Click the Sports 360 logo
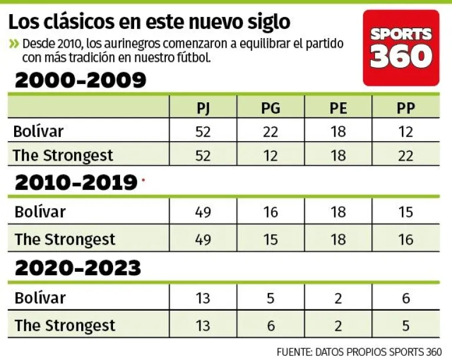401,48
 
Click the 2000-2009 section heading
80,80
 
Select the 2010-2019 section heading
76,183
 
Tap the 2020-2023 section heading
78,268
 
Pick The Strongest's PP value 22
406,156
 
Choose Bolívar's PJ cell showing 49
203,212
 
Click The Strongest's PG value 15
271,239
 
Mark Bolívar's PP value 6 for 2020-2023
406,298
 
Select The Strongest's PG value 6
271,325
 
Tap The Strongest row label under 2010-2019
65,239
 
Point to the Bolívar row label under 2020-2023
40,298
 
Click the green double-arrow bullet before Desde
14,44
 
